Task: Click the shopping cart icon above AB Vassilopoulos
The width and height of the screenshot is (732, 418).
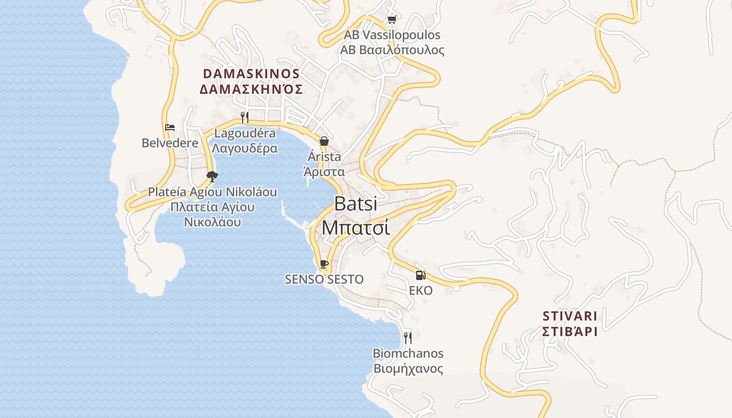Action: coord(392,20)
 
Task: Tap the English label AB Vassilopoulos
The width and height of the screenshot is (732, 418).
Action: coord(392,35)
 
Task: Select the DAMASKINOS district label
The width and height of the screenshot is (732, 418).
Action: coord(251,73)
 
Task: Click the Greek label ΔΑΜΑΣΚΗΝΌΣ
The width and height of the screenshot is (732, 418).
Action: coord(251,89)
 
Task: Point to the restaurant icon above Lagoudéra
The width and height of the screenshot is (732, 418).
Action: coord(245,117)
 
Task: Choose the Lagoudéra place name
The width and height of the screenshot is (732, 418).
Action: coord(245,133)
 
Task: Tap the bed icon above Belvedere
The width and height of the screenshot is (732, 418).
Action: coord(170,127)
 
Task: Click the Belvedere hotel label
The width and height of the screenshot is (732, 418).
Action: coord(170,143)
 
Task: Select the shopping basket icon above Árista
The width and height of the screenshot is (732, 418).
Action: coord(324,141)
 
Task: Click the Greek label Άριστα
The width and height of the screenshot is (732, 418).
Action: coord(324,172)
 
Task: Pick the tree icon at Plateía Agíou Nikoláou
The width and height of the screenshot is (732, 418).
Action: coord(212,176)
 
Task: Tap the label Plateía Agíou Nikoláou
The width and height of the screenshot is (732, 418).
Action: coord(212,192)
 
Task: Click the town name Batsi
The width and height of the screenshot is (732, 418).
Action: coord(356,203)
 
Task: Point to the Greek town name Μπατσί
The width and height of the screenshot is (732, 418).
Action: coord(356,227)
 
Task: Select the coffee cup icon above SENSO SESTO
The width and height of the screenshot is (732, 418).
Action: coord(324,264)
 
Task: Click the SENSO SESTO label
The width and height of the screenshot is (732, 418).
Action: coord(324,279)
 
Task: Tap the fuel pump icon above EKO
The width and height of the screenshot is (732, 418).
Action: coord(420,275)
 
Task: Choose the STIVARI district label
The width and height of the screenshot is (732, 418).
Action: coord(570,316)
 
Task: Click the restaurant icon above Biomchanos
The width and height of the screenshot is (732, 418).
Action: coord(408,338)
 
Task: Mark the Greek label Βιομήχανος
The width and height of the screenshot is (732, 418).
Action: coord(408,369)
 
